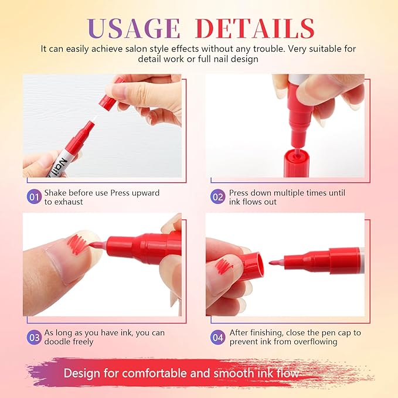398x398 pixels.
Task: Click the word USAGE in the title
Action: point(134,28)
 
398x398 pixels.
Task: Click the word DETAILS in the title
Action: point(254,28)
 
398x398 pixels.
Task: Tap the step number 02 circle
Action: point(218,196)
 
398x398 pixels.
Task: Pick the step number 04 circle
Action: point(218,336)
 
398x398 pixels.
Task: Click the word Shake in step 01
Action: point(58,193)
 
